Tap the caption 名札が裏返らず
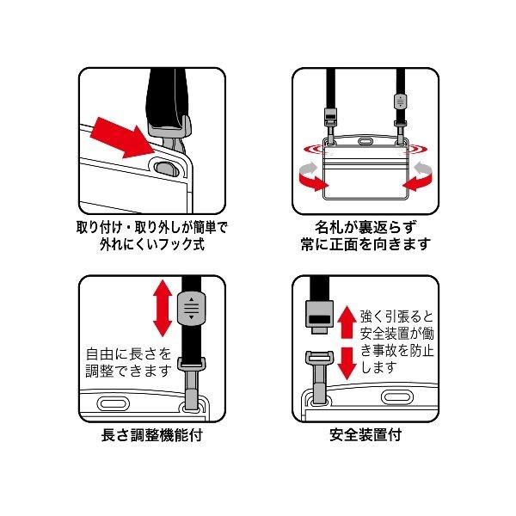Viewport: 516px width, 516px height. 365,227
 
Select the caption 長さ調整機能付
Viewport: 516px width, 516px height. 151,435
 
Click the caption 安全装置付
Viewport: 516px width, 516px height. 365,435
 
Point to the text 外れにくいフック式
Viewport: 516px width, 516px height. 152,244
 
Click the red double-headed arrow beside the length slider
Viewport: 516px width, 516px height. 163,308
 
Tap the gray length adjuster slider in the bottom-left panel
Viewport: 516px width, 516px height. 191,309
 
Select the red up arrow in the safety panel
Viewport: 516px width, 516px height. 347,322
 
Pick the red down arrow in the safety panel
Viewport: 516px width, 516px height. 347,363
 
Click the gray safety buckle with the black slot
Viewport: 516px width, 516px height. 320,316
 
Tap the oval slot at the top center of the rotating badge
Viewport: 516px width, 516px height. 364,142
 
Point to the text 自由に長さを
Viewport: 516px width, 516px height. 129,354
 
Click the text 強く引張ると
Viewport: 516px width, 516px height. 396,316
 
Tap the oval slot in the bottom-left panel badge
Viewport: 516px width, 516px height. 114,404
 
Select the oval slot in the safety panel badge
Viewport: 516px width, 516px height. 397,397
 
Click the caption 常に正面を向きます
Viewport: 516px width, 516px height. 365,244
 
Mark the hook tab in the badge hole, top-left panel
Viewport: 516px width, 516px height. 167,169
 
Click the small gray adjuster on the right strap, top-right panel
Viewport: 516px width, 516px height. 400,101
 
